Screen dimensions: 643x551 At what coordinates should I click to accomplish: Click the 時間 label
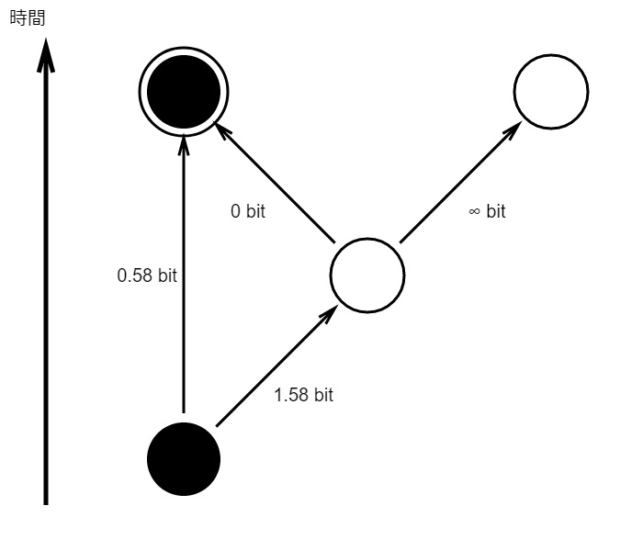pos(27,18)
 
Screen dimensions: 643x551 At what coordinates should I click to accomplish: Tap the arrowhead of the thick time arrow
pos(46,55)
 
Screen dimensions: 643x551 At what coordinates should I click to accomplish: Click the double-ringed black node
pos(184,92)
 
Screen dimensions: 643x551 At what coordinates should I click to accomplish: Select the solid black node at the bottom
pos(184,459)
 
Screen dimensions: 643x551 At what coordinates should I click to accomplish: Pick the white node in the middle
pos(367,275)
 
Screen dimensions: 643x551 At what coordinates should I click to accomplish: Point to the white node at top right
pos(551,92)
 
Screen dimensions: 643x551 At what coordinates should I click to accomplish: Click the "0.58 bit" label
pos(147,275)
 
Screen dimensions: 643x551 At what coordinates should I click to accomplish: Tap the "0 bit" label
pos(248,211)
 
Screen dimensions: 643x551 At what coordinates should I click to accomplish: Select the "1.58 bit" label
pos(303,395)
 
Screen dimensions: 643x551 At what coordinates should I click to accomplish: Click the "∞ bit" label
pos(487,211)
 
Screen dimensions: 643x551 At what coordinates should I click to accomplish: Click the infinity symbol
pos(474,212)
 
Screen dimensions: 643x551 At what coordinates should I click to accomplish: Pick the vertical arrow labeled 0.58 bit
pos(184,275)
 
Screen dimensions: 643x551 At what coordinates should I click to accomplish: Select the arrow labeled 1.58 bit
pos(276,365)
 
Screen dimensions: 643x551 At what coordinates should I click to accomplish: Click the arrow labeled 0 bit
pos(275,183)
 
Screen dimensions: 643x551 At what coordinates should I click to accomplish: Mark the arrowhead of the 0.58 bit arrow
pos(184,145)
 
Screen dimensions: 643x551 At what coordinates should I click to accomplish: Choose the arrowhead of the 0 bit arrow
pos(222,130)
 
